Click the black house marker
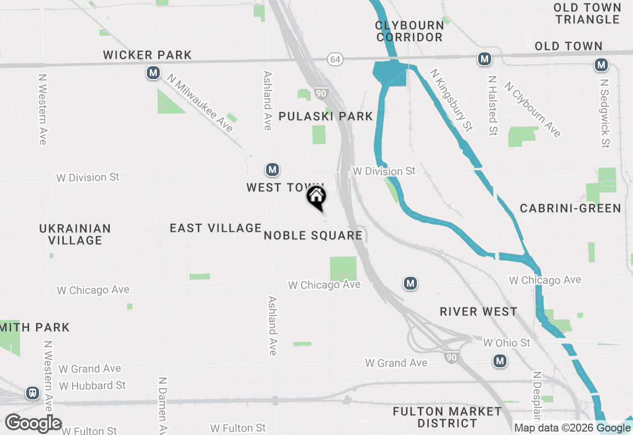[x=316, y=197]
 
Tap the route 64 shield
[x=335, y=59]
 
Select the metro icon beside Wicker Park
[x=153, y=73]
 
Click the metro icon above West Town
[x=272, y=170]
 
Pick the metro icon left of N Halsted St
[x=484, y=59]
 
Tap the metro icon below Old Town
[x=601, y=64]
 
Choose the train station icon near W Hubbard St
[x=33, y=393]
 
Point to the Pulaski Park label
[x=325, y=116]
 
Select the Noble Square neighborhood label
[x=313, y=235]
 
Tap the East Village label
[x=215, y=228]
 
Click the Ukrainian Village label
[x=75, y=234]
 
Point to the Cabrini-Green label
[x=570, y=208]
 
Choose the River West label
[x=479, y=311]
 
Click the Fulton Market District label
[x=447, y=417]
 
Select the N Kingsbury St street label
[x=451, y=100]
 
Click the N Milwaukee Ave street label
[x=200, y=103]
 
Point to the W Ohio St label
[x=506, y=343]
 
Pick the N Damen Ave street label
[x=162, y=405]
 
